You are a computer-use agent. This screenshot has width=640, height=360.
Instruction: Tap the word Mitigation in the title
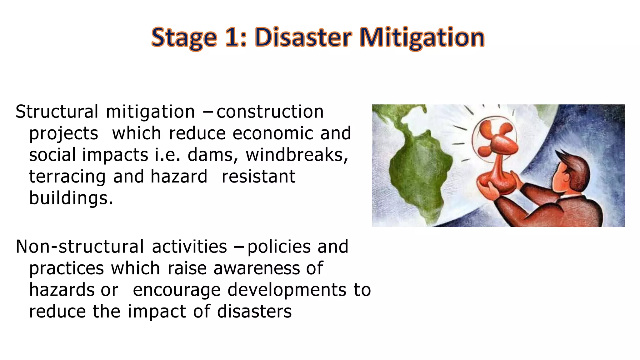coord(422,37)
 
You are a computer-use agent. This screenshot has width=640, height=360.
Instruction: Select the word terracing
coord(67,177)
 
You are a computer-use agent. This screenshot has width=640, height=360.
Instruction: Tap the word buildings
coord(71,198)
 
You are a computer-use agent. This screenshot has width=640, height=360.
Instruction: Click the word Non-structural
coord(80,247)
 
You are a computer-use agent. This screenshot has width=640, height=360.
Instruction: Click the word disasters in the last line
coord(254,312)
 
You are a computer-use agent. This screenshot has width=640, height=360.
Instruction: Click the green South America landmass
coord(419,175)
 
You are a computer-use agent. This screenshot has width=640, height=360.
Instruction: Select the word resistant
coord(258,177)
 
